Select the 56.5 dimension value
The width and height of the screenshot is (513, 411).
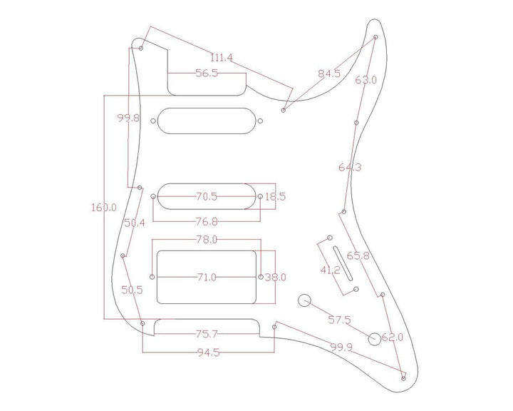click(x=207, y=73)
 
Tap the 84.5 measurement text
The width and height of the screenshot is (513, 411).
click(x=329, y=73)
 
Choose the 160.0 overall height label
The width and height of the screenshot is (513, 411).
click(x=104, y=208)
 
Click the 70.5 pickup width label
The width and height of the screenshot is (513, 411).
click(x=207, y=196)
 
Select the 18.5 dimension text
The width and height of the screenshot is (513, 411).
click(x=275, y=196)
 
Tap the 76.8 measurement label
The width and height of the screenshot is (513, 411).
click(x=207, y=221)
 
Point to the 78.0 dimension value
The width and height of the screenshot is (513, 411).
click(x=207, y=240)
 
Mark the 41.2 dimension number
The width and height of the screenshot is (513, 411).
click(x=329, y=271)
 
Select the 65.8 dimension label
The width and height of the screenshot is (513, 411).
click(x=358, y=255)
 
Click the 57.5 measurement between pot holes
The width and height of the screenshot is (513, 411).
click(x=338, y=320)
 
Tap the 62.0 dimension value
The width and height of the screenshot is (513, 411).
click(x=393, y=337)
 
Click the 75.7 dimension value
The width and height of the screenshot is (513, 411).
click(x=207, y=333)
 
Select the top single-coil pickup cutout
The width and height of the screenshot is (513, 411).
click(x=207, y=120)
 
